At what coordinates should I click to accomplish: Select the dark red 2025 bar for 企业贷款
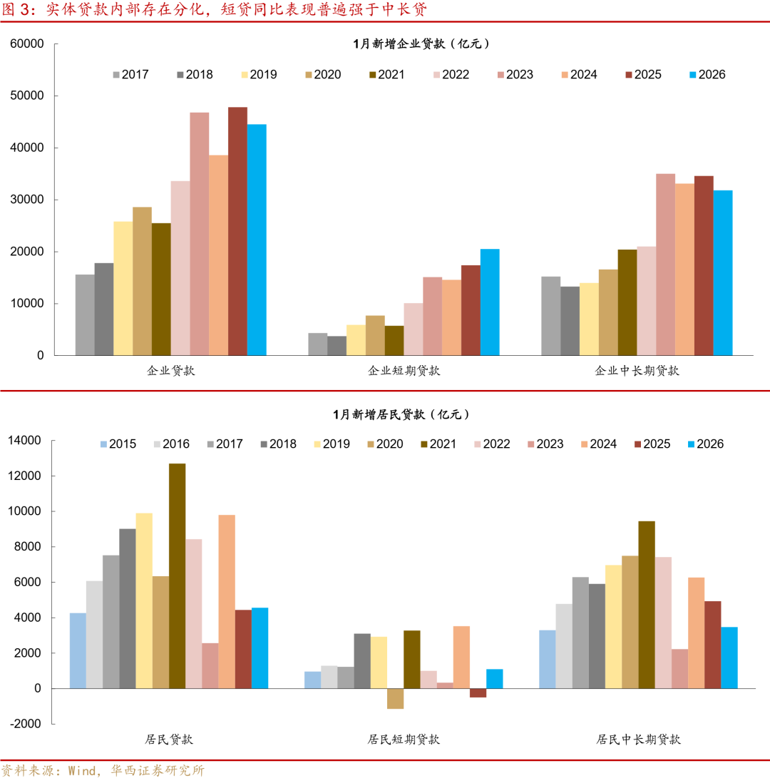[237, 231]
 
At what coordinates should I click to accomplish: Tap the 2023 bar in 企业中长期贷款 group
[665, 265]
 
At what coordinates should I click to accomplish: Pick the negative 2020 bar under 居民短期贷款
[396, 698]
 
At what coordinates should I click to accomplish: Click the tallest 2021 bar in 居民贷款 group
[177, 575]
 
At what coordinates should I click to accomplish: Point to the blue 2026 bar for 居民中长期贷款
[729, 657]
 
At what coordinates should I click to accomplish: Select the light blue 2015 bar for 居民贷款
[78, 650]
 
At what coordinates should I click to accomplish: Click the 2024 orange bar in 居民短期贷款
[461, 657]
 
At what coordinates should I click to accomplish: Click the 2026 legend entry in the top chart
[707, 74]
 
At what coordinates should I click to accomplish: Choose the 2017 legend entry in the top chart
[130, 74]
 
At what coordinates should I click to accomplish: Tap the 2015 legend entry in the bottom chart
[117, 444]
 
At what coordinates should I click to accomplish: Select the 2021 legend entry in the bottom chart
[437, 444]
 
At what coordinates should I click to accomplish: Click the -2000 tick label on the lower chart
[26, 724]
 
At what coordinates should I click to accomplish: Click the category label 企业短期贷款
[404, 371]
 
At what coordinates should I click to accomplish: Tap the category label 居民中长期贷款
[638, 739]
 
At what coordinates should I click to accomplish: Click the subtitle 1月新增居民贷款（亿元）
[401, 414]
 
